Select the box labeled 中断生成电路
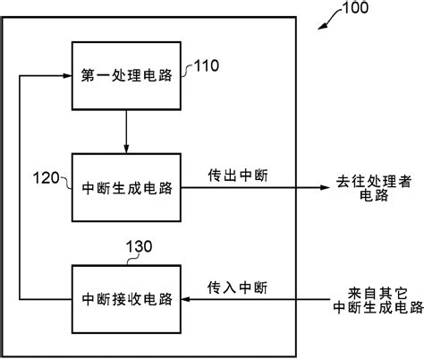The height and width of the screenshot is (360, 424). point(126,188)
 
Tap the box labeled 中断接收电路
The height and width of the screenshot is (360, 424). point(126,296)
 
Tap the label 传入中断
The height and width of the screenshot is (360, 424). point(235,287)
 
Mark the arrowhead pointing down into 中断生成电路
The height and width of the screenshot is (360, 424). point(126,149)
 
